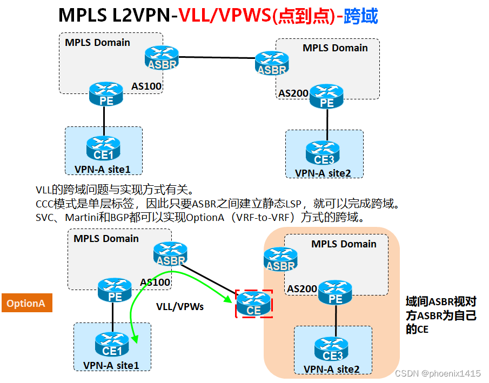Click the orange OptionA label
pyautogui.click(x=26, y=303)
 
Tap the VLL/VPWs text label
pyautogui.click(x=180, y=306)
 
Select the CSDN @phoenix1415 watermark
pyautogui.click(x=438, y=373)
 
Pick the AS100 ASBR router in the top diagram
pyautogui.click(x=162, y=57)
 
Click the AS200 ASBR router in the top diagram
pyautogui.click(x=272, y=63)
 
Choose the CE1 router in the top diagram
pyautogui.click(x=103, y=148)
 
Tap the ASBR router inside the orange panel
pyautogui.click(x=280, y=259)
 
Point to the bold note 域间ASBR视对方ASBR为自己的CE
pyautogui.click(x=440, y=315)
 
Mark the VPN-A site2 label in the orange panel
pyautogui.click(x=331, y=369)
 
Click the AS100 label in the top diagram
pyautogui.click(x=147, y=86)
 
